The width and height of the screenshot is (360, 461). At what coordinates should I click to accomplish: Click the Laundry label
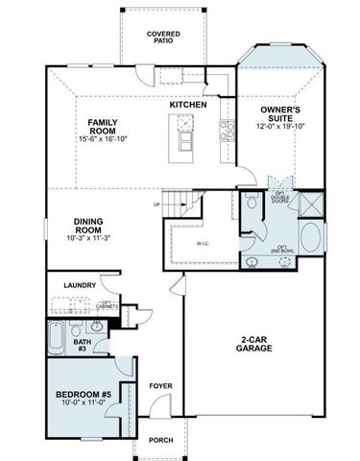coord(81,285)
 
